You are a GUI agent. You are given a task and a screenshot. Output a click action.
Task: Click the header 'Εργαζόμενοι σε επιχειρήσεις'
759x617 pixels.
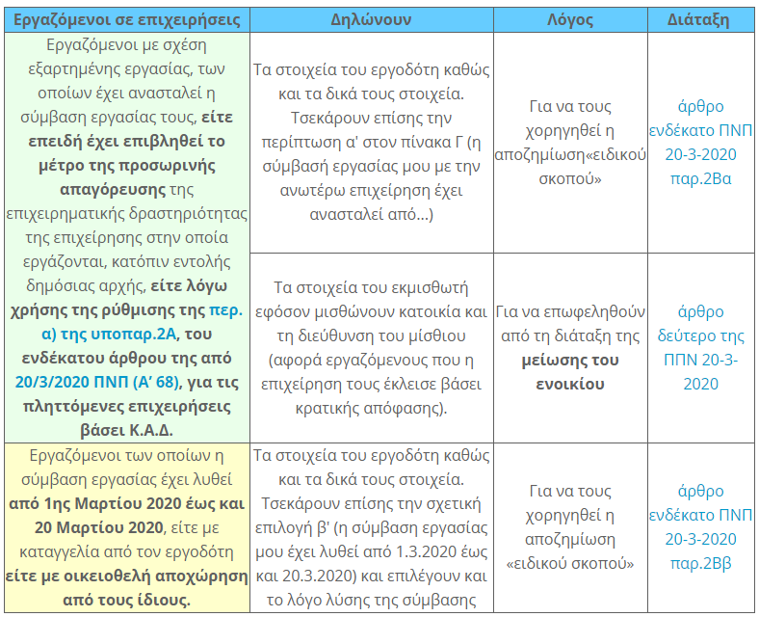(x=126, y=19)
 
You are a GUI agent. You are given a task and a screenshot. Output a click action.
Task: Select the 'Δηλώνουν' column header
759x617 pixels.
(x=371, y=19)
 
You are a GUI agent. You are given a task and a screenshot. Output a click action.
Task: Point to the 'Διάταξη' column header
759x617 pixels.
(x=698, y=19)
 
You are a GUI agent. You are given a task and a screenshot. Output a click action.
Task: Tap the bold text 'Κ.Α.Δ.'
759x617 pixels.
(x=151, y=429)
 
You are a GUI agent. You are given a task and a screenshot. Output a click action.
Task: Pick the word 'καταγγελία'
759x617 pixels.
(x=62, y=551)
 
